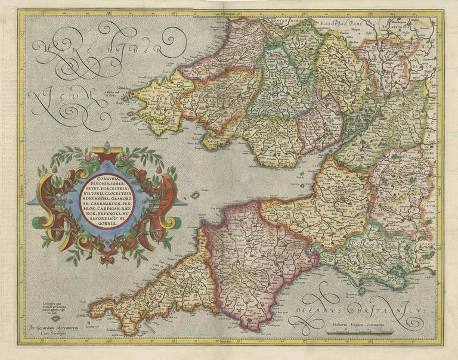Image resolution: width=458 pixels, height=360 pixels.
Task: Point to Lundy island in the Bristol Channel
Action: point(194,195)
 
